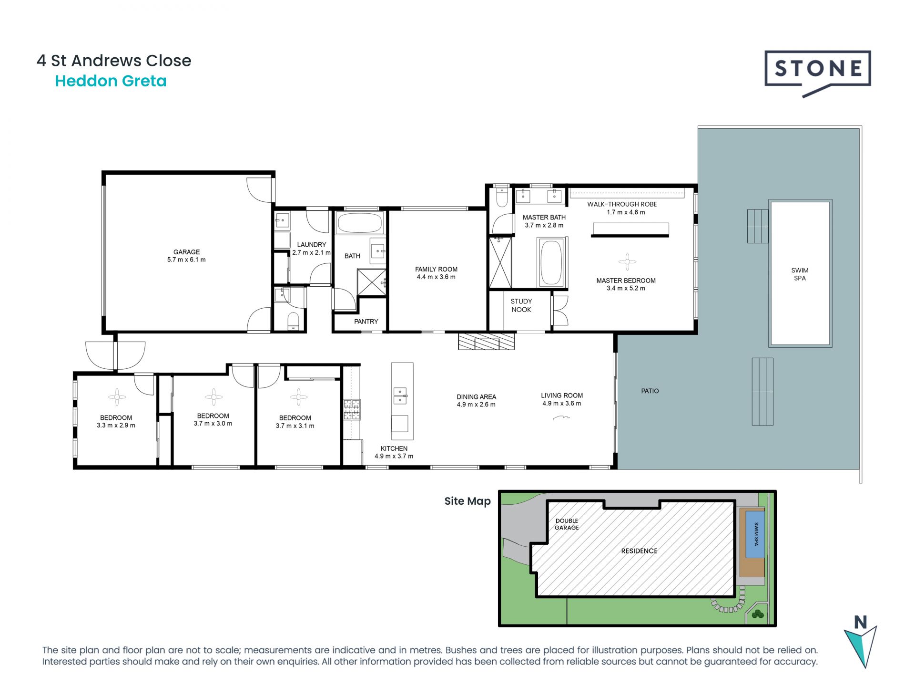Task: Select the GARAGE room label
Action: (186, 252)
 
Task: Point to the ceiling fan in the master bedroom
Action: (627, 261)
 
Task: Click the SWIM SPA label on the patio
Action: (800, 274)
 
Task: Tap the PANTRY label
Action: (366, 322)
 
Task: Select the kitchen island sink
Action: (400, 396)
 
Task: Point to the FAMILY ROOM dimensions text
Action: (436, 277)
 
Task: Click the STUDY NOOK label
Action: (521, 305)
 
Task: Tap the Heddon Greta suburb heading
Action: (111, 81)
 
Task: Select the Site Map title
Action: (468, 501)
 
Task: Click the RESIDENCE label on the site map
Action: (639, 551)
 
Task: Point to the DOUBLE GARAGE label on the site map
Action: (567, 524)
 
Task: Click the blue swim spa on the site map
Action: (755, 534)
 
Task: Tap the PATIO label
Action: (650, 391)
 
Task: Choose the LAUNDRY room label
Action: (312, 245)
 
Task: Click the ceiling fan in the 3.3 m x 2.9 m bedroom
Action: (117, 397)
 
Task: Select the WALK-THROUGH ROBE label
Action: (622, 204)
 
